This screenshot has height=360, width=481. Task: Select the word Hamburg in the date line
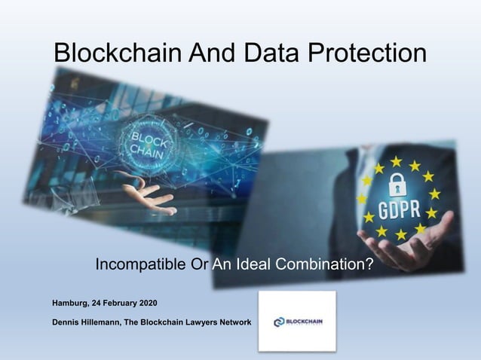(70, 304)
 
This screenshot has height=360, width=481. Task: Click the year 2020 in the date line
(145, 304)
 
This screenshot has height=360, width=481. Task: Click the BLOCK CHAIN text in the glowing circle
(148, 143)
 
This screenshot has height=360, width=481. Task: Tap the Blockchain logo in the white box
(297, 322)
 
